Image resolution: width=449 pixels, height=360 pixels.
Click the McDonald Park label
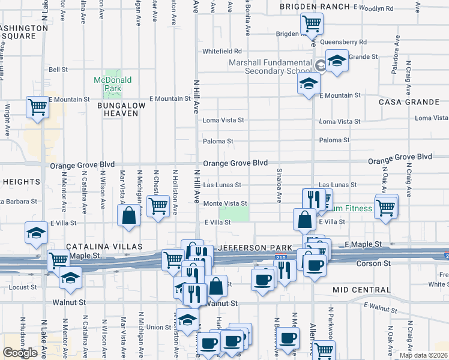click(112, 84)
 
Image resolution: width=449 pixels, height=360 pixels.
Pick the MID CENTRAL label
click(361, 290)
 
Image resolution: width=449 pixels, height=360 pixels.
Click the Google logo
click(20, 353)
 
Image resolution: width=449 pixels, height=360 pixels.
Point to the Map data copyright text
click(423, 355)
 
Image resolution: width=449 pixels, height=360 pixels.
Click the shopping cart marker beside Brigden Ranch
click(312, 25)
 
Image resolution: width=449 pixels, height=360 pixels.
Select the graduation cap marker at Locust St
click(70, 278)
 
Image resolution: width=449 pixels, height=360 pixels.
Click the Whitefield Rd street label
click(221, 52)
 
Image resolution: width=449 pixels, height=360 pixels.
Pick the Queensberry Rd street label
click(343, 43)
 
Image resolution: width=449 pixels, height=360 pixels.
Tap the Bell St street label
click(58, 70)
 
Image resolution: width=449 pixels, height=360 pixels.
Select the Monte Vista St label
click(225, 204)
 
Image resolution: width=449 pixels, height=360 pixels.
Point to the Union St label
click(159, 327)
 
